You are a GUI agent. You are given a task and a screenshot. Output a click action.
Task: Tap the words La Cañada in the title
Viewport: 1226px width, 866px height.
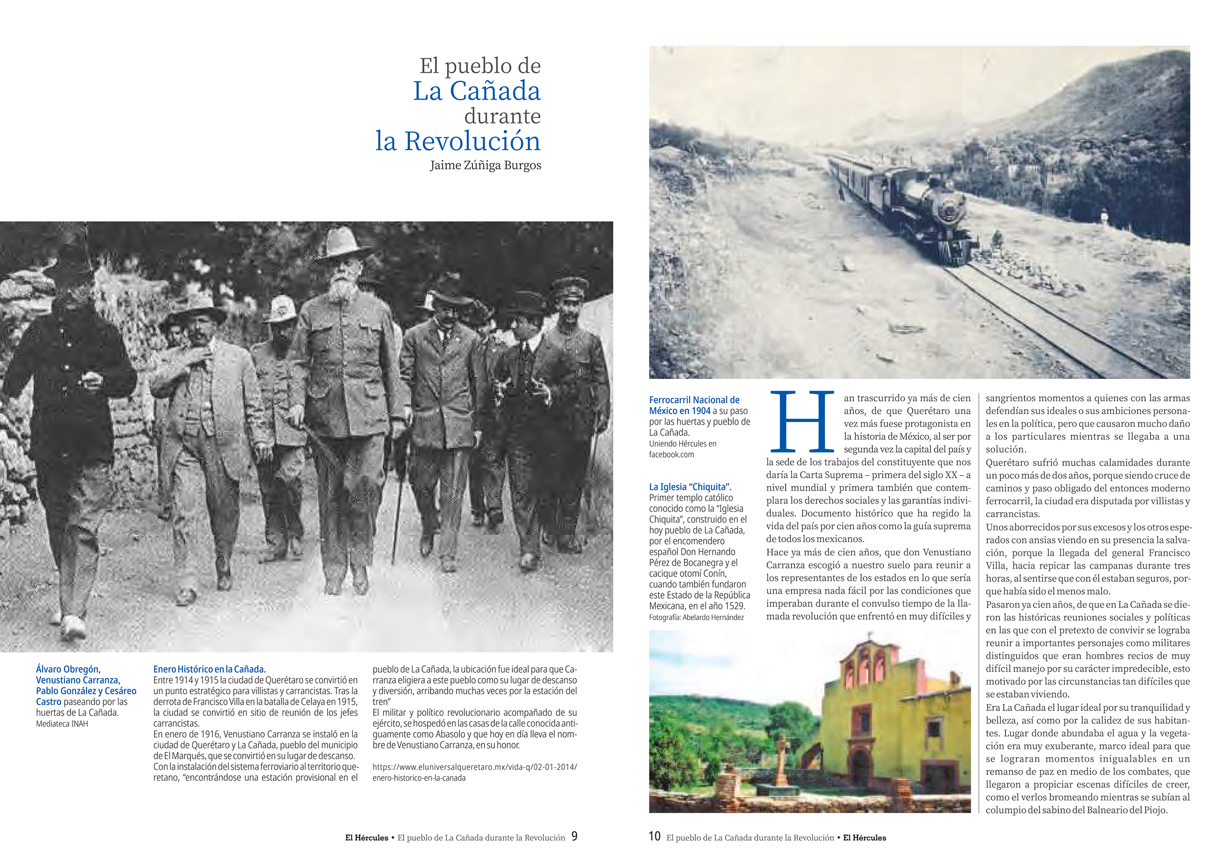(476, 91)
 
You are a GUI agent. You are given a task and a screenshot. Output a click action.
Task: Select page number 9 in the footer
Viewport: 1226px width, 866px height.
(574, 836)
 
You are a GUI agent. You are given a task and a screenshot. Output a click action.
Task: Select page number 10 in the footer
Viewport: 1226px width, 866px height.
(655, 836)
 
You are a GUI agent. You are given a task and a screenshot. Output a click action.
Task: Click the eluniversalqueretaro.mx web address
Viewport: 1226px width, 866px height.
(474, 772)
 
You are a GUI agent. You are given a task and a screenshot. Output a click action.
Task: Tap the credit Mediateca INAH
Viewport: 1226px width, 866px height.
(62, 724)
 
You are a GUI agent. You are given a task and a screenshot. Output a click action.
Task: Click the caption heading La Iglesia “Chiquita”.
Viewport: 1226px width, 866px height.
(690, 487)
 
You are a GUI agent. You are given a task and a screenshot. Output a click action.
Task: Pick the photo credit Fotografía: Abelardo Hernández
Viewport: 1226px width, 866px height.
(696, 617)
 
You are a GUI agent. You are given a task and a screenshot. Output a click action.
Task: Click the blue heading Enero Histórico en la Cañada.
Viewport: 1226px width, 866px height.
(209, 669)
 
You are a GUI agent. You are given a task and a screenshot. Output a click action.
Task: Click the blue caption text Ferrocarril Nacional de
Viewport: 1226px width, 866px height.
(694, 399)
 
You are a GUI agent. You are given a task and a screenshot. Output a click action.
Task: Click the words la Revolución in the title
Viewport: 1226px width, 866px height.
(458, 141)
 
